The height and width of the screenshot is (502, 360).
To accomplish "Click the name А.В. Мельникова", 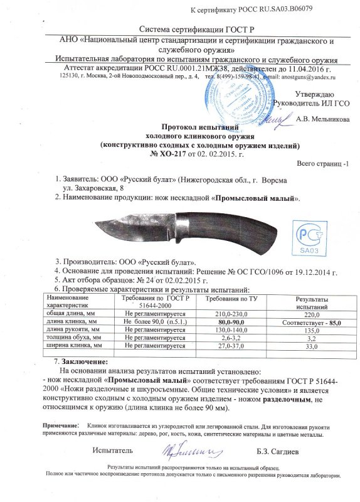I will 314,119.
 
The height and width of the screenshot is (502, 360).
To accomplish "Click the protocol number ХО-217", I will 164,154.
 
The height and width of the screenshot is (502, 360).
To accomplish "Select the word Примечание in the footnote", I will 60,426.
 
